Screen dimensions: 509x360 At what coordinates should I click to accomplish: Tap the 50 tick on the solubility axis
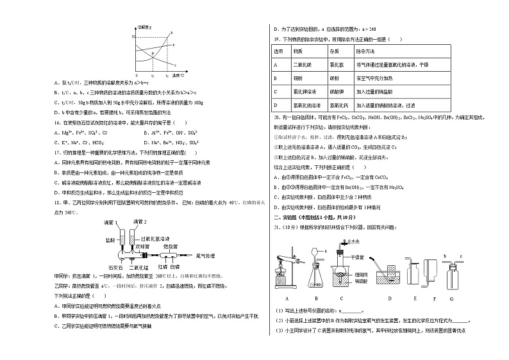point(133,37)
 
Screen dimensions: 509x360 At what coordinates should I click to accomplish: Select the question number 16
point(58,122)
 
